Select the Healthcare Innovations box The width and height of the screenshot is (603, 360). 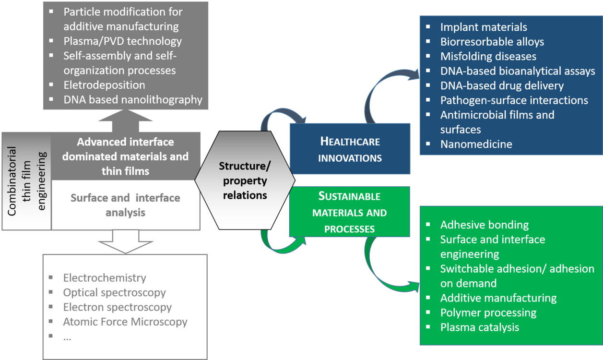tap(350, 149)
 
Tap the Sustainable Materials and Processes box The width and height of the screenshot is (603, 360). tap(350, 212)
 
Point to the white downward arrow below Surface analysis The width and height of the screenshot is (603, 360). tap(125, 241)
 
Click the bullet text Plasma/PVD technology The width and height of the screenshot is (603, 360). tap(122, 41)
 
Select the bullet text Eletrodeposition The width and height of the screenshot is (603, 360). tap(104, 85)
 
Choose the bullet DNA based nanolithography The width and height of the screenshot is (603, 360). tap(132, 99)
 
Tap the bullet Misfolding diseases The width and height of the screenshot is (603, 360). tap(488, 56)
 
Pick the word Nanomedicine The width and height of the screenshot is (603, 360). tap(476, 144)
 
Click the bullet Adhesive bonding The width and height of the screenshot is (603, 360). tap(485, 225)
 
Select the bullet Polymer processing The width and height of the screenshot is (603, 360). tap(488, 312)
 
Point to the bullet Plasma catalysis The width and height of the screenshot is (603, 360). tap(480, 327)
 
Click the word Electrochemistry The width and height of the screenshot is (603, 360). tap(105, 277)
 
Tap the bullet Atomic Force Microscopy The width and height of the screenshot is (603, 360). tap(125, 322)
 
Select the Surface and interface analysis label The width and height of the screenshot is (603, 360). tap(125, 204)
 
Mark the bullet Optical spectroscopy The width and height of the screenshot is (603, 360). tap(114, 292)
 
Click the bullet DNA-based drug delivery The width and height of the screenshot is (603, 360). tap(502, 85)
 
